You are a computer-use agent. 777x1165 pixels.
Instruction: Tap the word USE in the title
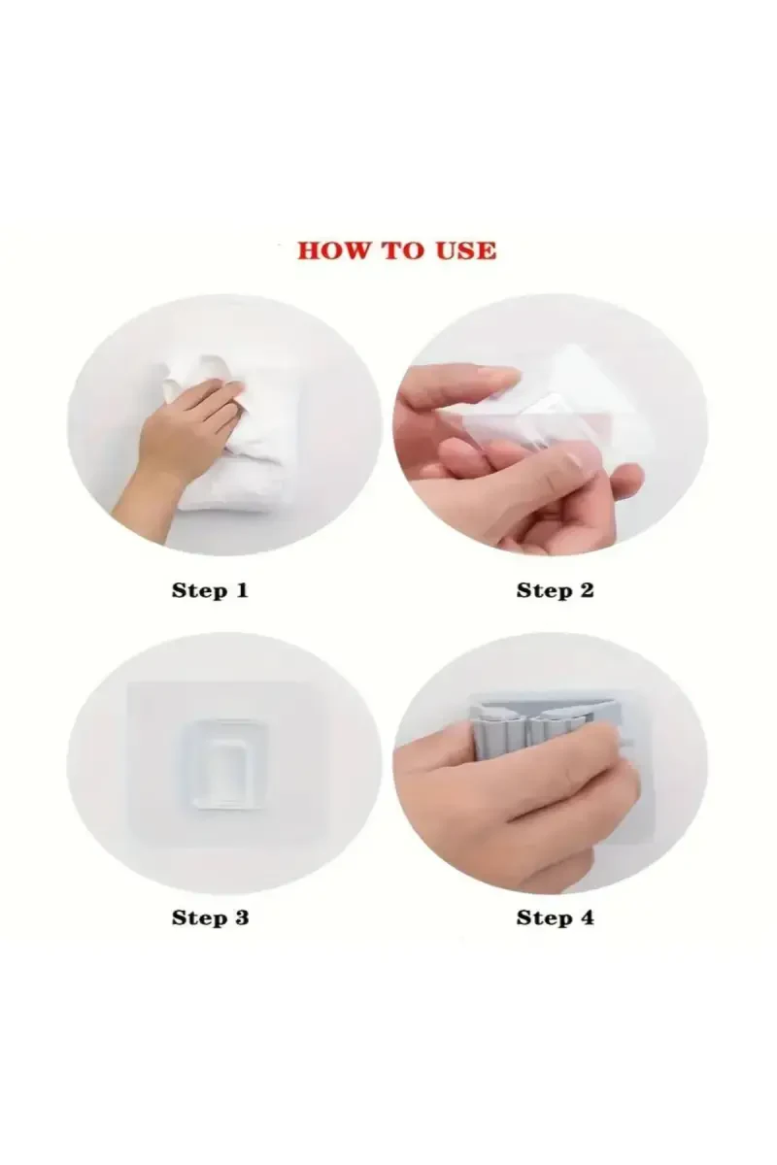click(466, 250)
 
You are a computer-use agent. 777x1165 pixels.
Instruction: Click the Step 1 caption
click(210, 591)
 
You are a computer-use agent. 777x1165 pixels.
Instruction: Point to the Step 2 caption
click(555, 591)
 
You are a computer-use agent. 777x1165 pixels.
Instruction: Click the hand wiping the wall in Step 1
click(183, 437)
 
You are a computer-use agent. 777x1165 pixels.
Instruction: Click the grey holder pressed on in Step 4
click(552, 728)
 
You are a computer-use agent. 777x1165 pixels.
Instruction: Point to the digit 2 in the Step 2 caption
click(586, 590)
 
